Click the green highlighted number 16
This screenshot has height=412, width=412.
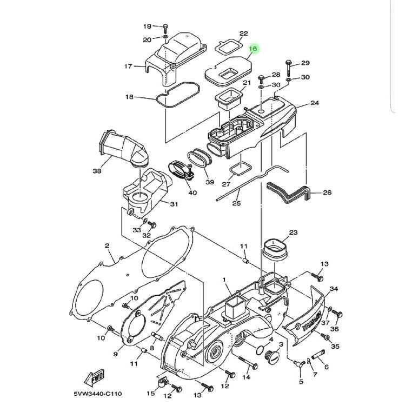(x=253, y=49)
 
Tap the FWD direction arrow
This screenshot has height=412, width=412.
(x=94, y=377)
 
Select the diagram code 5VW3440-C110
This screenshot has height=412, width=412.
(x=97, y=394)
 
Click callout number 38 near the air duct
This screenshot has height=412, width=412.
(x=97, y=171)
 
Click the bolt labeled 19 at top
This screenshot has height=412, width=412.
(x=165, y=28)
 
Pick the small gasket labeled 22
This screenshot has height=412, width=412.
(x=228, y=47)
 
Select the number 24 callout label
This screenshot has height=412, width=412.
(x=315, y=103)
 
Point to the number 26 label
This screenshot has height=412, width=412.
(x=327, y=192)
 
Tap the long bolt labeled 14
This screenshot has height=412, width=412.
(x=248, y=362)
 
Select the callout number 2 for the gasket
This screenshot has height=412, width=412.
(x=107, y=246)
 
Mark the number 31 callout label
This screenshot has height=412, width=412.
(x=174, y=204)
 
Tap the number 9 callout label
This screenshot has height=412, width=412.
(x=115, y=354)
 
